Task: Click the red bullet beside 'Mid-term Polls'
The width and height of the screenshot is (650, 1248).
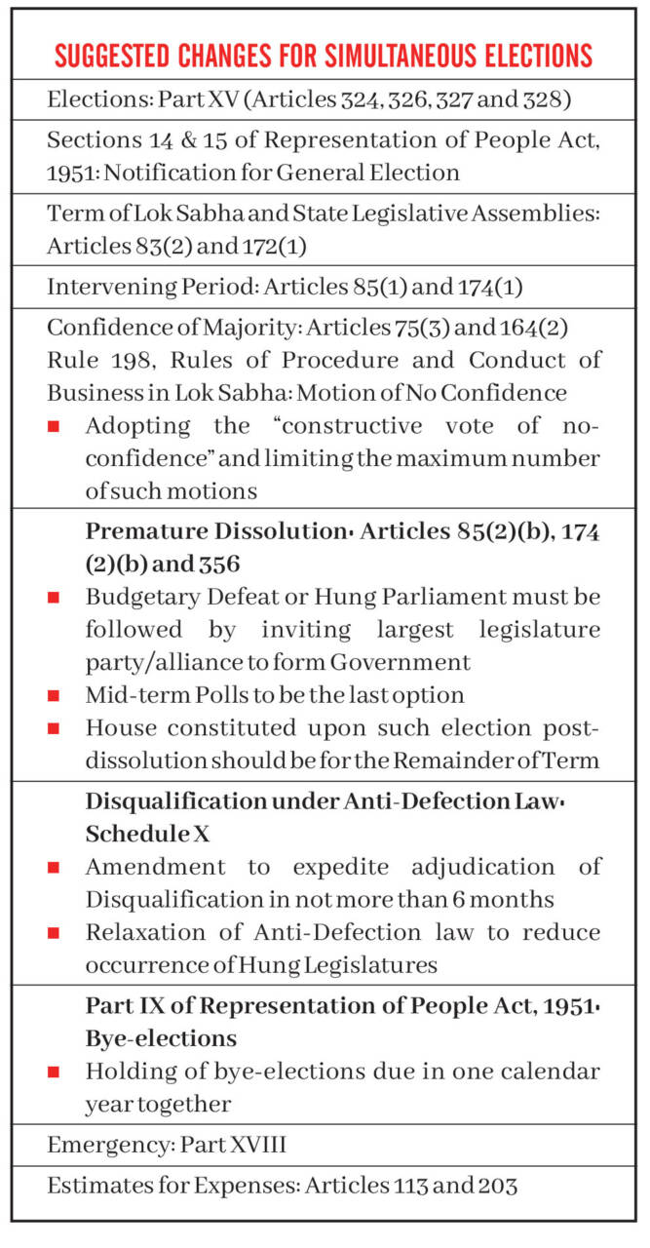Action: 54,696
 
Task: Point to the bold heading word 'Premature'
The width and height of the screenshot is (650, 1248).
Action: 142,533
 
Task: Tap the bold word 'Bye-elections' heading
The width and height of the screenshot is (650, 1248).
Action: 161,1036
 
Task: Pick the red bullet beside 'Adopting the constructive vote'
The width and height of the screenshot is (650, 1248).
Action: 54,427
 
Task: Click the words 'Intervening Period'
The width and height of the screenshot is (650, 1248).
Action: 132,288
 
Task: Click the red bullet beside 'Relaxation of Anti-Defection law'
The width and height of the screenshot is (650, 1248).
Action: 54,933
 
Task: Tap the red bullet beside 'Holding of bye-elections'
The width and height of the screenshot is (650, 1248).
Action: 54,1072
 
